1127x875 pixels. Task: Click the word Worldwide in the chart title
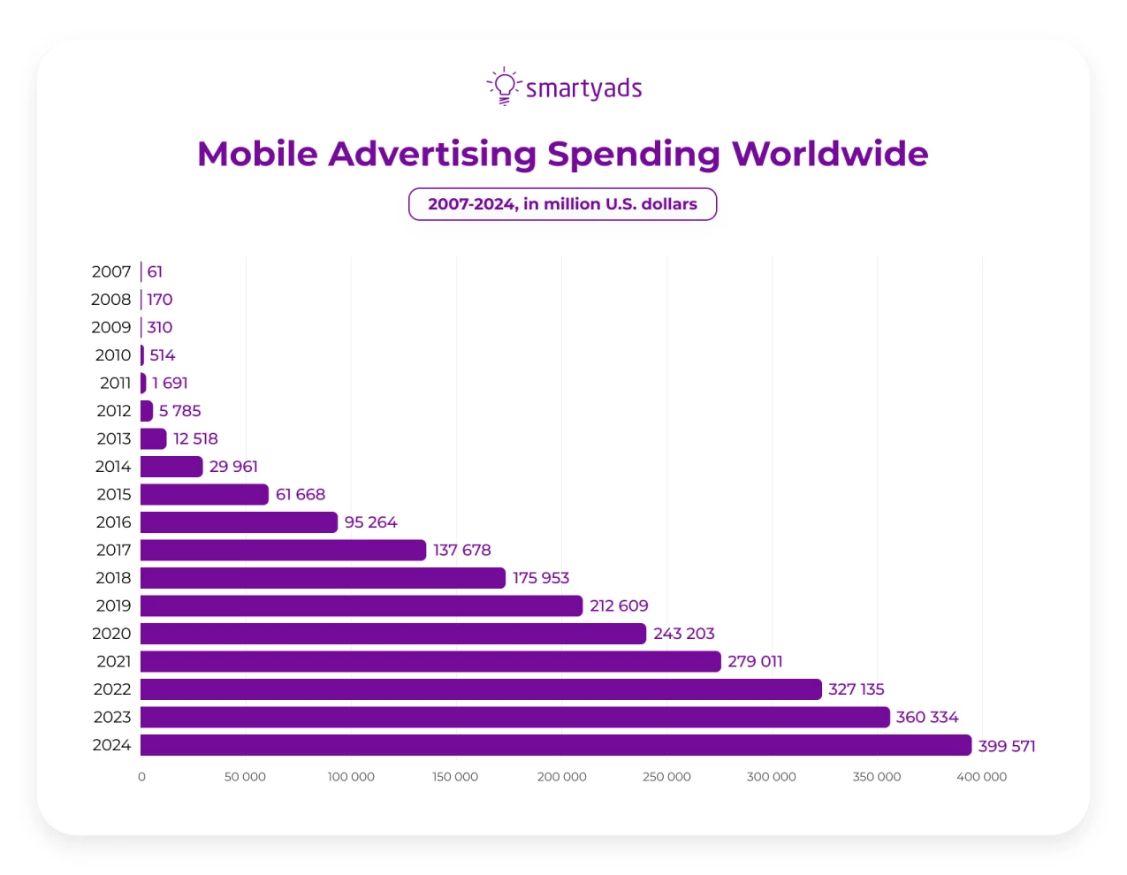coord(830,154)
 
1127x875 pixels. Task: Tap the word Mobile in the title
coord(257,154)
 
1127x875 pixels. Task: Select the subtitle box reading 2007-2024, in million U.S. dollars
coord(562,204)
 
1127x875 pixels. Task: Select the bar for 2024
coord(555,745)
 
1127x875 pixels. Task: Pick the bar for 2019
coord(361,605)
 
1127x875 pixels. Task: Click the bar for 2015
coord(203,494)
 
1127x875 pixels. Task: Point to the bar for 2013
coord(153,438)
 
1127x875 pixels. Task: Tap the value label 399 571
coord(1007,746)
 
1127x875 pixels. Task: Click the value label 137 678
coord(461,550)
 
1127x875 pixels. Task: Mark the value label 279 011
coord(755,661)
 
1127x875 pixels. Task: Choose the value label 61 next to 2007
coord(155,271)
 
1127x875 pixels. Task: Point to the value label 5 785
coord(179,411)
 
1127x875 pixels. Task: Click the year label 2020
coord(111,634)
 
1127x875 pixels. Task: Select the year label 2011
coord(115,383)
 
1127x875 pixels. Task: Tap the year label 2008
coord(110,300)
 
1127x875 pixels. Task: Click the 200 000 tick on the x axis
coord(561,777)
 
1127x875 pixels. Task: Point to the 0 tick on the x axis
coord(141,777)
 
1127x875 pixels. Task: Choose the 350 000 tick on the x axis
coord(876,777)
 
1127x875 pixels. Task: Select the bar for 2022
coord(480,689)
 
